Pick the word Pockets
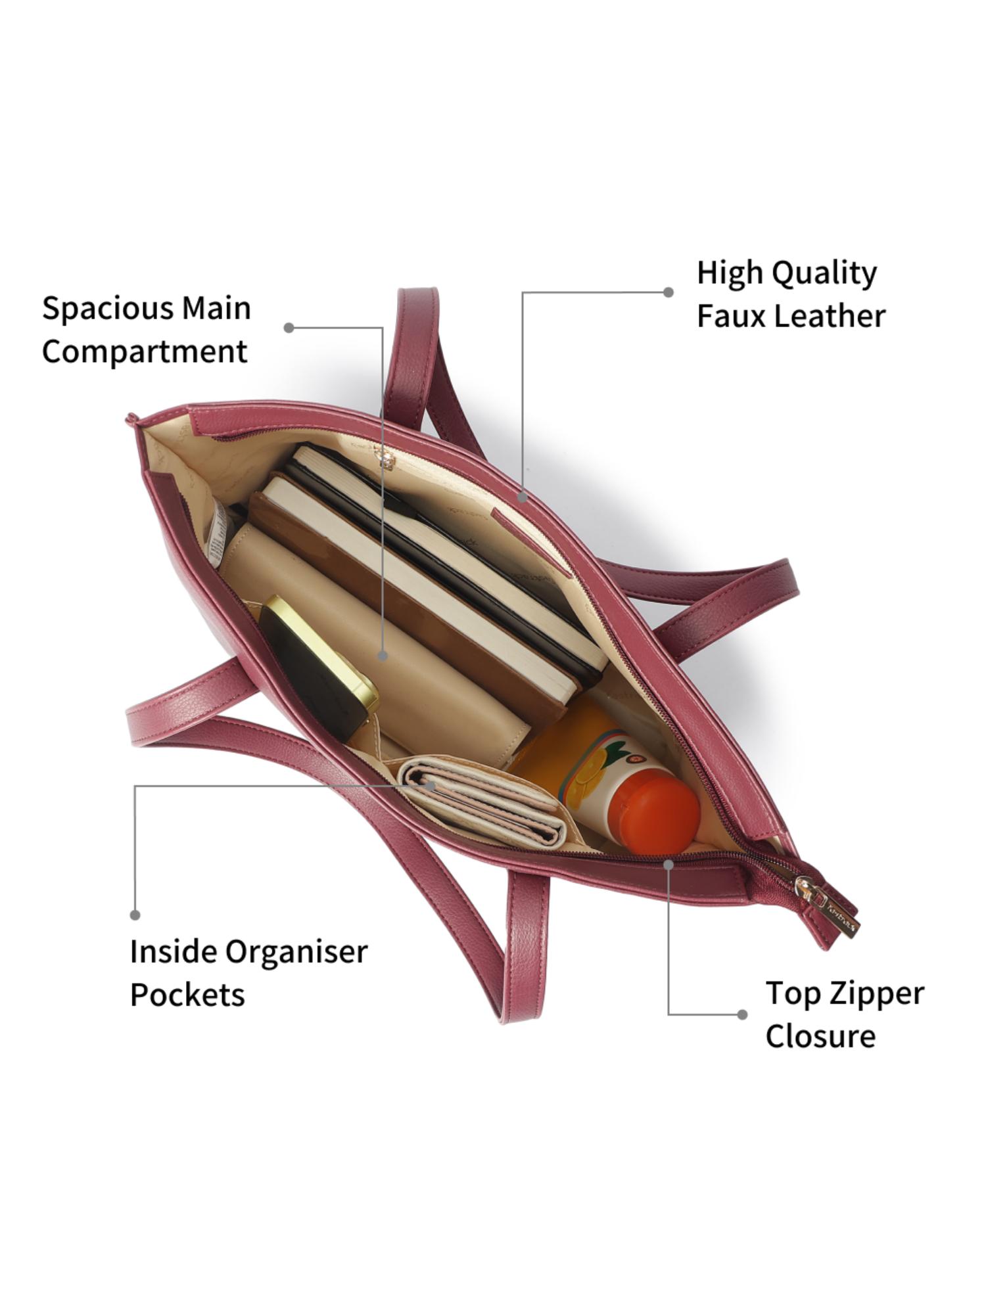(x=187, y=995)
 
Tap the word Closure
(x=820, y=1036)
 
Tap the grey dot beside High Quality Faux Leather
(x=669, y=292)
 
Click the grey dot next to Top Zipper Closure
(x=742, y=1014)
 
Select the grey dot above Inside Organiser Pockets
(x=135, y=915)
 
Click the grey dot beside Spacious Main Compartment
(x=289, y=327)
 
